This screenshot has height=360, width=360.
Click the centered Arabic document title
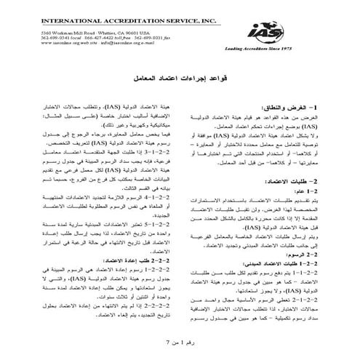[180, 77]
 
